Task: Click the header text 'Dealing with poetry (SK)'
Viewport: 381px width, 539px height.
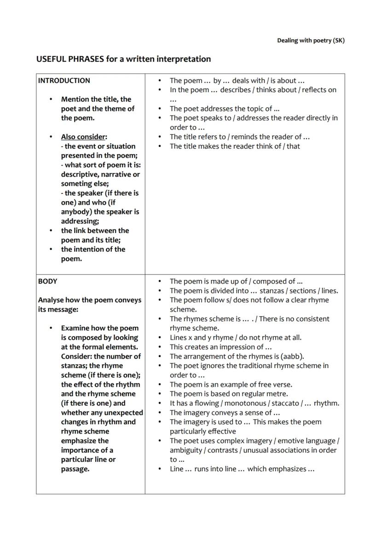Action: click(x=311, y=41)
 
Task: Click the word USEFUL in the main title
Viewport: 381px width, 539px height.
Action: click(x=51, y=59)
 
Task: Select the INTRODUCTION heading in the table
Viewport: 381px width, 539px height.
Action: click(x=64, y=81)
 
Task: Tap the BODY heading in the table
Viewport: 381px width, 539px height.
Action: click(x=47, y=281)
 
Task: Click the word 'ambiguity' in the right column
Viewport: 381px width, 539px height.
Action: click(x=186, y=450)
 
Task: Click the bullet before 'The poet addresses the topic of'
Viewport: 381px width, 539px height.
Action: click(x=160, y=109)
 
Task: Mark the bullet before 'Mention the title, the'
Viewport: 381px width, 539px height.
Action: click(x=51, y=99)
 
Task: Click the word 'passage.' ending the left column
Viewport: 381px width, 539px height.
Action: click(x=75, y=469)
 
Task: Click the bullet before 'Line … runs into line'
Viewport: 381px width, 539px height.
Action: click(x=160, y=469)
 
